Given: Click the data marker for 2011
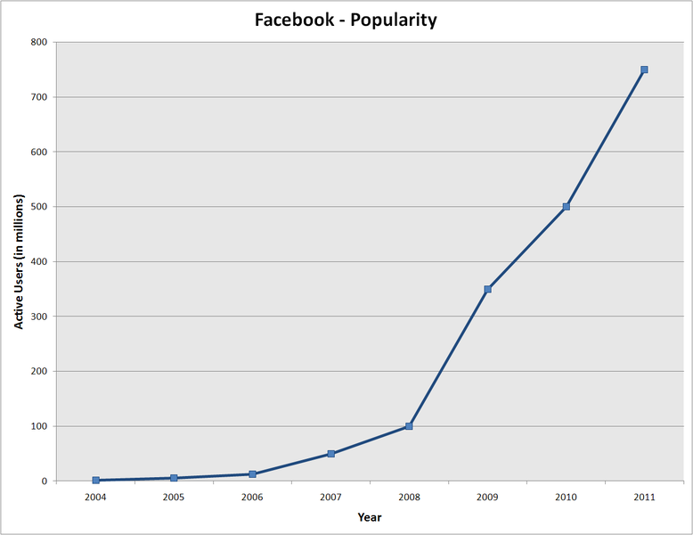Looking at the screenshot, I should [644, 70].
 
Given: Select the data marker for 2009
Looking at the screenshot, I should [487, 289].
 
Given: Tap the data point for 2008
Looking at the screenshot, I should [409, 426].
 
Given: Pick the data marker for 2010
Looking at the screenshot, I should [566, 207].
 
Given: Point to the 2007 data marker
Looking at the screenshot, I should [330, 454].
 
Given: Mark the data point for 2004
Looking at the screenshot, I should [95, 480].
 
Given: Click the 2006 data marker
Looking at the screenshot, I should [252, 474].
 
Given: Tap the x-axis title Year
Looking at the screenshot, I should [370, 517].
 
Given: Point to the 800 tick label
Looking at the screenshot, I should [40, 42].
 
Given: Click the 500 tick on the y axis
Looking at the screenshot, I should [40, 207].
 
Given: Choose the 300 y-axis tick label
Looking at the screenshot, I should [40, 317].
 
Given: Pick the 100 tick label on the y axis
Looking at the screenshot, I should [40, 426].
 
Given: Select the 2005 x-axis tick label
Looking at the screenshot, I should [174, 497].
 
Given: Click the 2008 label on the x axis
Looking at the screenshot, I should [409, 497].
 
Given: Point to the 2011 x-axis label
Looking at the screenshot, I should [644, 497].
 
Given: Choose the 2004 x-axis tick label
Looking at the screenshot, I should [95, 497].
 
